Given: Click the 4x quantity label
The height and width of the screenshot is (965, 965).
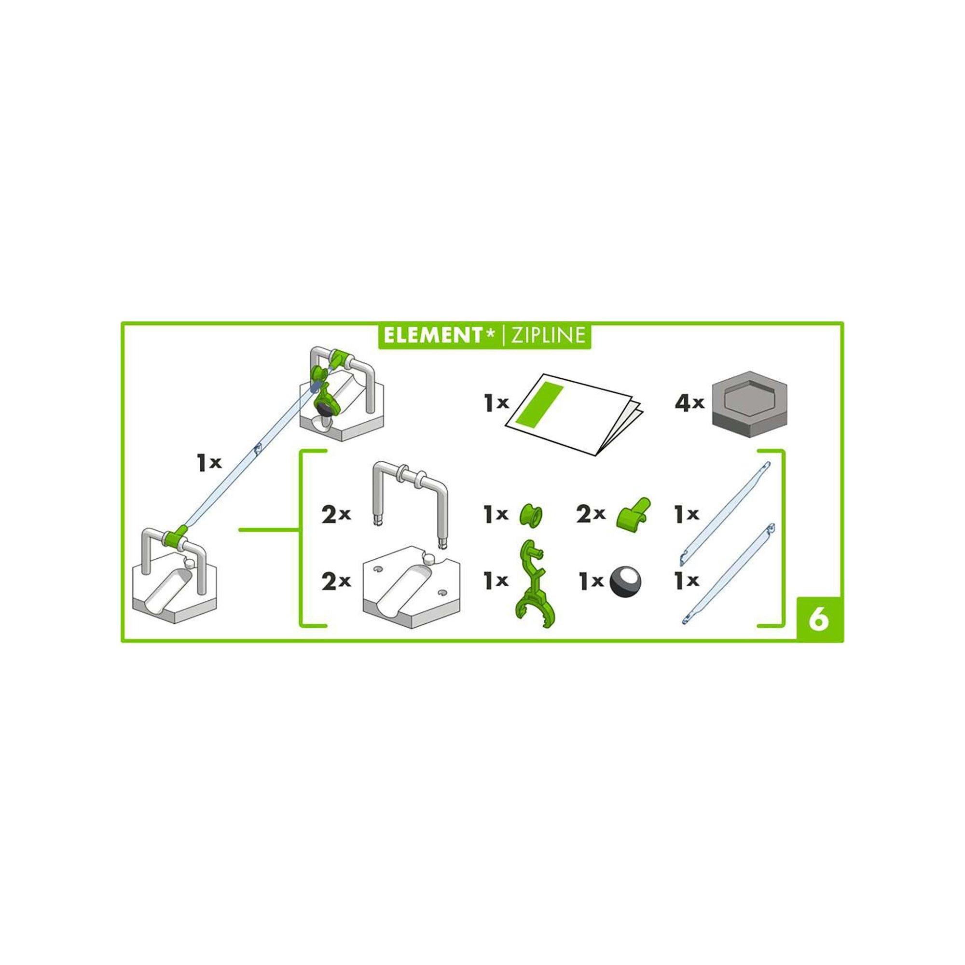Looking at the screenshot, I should click(x=689, y=417).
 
